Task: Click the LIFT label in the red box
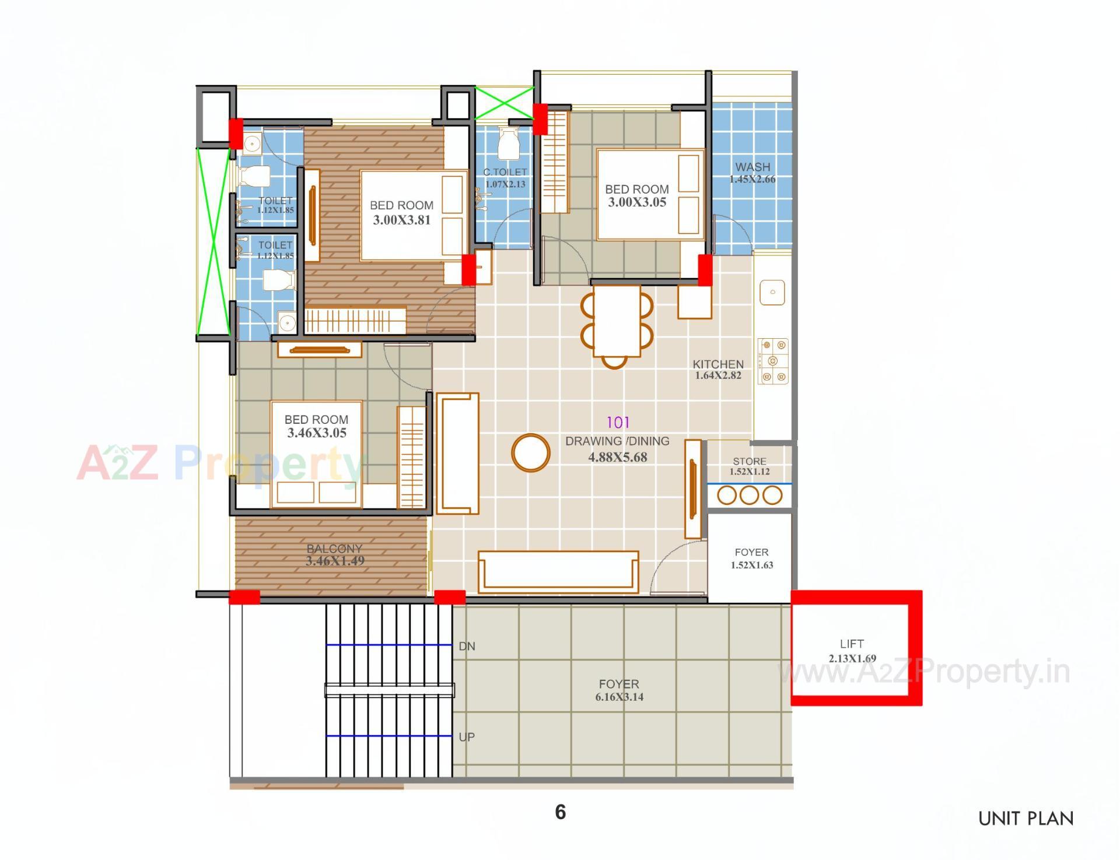(x=852, y=644)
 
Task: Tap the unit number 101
(x=618, y=422)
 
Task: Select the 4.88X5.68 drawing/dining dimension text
(x=617, y=457)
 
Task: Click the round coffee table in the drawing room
(x=531, y=452)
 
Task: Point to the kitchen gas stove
(x=773, y=361)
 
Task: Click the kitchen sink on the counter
(x=772, y=292)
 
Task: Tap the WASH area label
(x=752, y=167)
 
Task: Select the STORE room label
(x=750, y=461)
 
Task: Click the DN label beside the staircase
(x=467, y=646)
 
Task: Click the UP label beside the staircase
(x=467, y=737)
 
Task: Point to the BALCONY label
(x=334, y=549)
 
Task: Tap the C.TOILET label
(x=505, y=172)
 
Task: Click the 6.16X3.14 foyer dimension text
(x=619, y=697)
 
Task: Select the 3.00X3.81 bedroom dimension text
(x=401, y=220)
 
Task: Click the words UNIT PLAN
(x=1025, y=819)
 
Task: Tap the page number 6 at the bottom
(x=560, y=812)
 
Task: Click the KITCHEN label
(x=718, y=364)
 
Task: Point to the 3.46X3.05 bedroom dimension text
(x=317, y=433)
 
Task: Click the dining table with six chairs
(x=617, y=321)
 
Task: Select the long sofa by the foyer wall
(x=558, y=571)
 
